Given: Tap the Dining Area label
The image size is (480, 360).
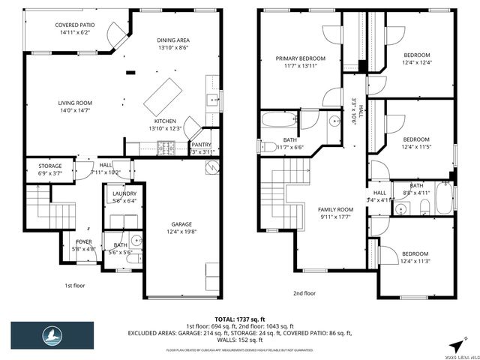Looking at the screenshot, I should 173,44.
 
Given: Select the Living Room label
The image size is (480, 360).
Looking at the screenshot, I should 75,107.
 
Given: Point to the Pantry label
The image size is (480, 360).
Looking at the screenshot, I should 201,145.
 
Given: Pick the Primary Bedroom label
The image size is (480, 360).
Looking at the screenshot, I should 300,63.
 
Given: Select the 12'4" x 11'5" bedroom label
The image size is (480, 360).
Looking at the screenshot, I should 416,142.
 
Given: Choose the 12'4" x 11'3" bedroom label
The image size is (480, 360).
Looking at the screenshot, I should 416,257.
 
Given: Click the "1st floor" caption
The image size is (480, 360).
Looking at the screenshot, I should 73,285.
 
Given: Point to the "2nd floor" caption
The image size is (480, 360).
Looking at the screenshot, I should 304,293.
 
